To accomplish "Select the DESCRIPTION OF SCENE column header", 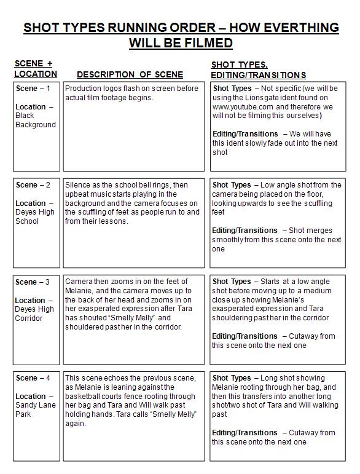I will click(130, 74).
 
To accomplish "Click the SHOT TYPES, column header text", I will click(240, 65).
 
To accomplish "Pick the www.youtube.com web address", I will click(241, 106).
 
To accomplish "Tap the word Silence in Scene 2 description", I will click(78, 185).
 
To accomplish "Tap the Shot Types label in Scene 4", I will click(232, 377).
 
